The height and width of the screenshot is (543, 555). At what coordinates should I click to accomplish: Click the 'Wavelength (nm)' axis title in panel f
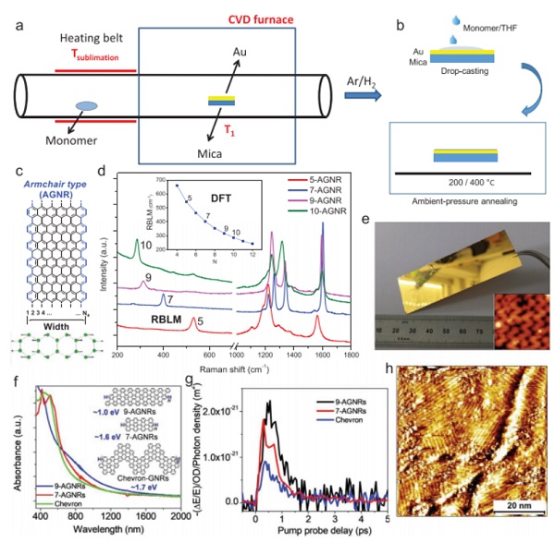pyautogui.click(x=103, y=533)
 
